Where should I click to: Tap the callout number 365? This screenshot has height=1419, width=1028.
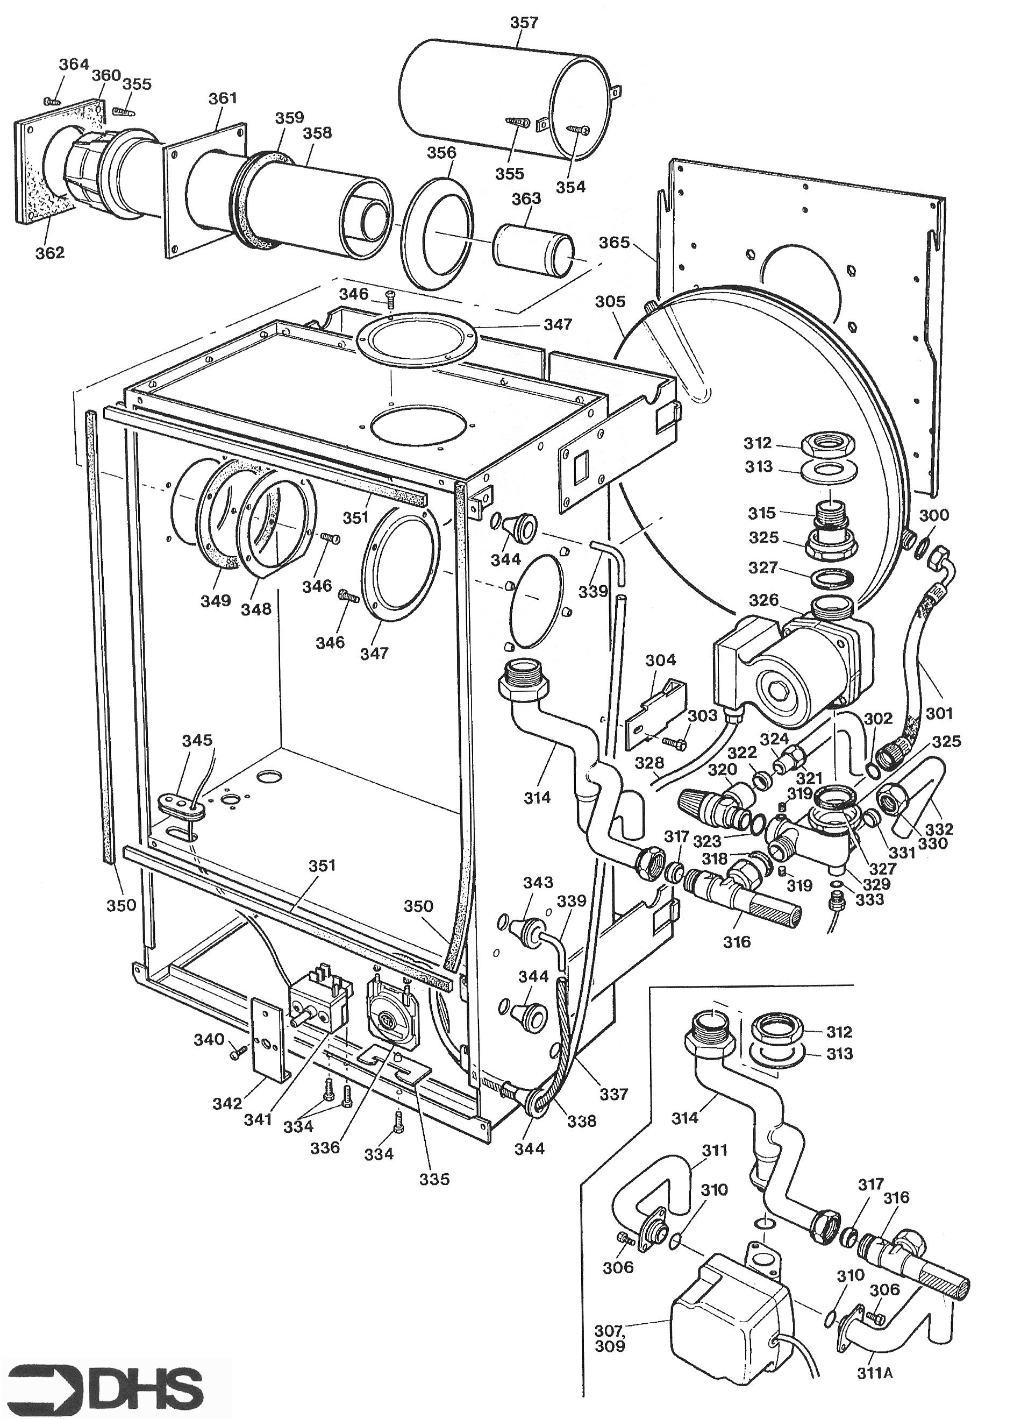coord(614,242)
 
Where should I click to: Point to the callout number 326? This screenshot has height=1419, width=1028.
coord(763,601)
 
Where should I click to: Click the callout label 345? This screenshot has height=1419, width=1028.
coord(197,741)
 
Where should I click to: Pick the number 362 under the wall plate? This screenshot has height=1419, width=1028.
coord(49,252)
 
